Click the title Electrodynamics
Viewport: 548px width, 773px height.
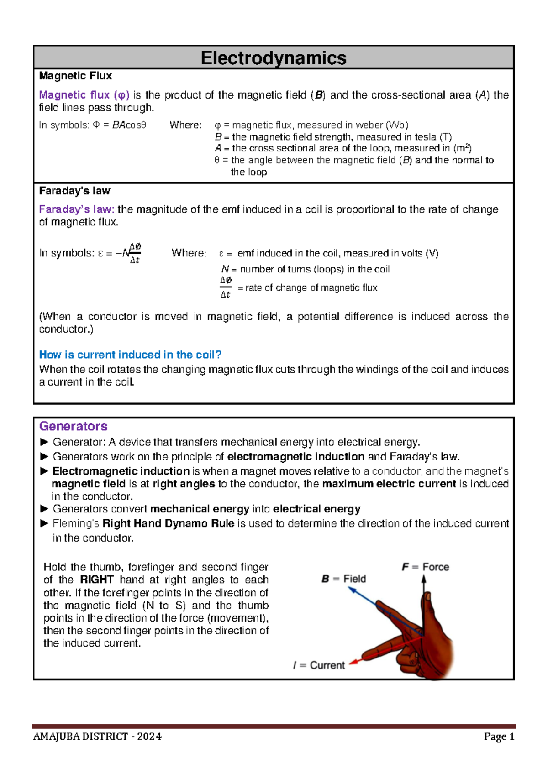(x=274, y=58)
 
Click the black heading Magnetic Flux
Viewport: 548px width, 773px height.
(x=75, y=76)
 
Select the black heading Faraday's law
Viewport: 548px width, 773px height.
(x=74, y=191)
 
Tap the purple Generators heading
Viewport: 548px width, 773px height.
(x=73, y=426)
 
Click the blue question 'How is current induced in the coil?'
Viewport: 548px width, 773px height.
(x=130, y=355)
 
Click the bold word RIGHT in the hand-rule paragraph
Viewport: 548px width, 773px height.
(x=97, y=580)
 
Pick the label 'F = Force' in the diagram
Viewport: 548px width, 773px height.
(x=425, y=567)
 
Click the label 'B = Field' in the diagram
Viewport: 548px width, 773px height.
(x=344, y=579)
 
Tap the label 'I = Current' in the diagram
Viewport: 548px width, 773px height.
(x=319, y=665)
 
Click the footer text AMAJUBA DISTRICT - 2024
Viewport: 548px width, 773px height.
(x=97, y=736)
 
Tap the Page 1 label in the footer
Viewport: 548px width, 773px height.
(x=499, y=736)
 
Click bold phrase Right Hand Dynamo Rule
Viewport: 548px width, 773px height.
(x=169, y=523)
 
